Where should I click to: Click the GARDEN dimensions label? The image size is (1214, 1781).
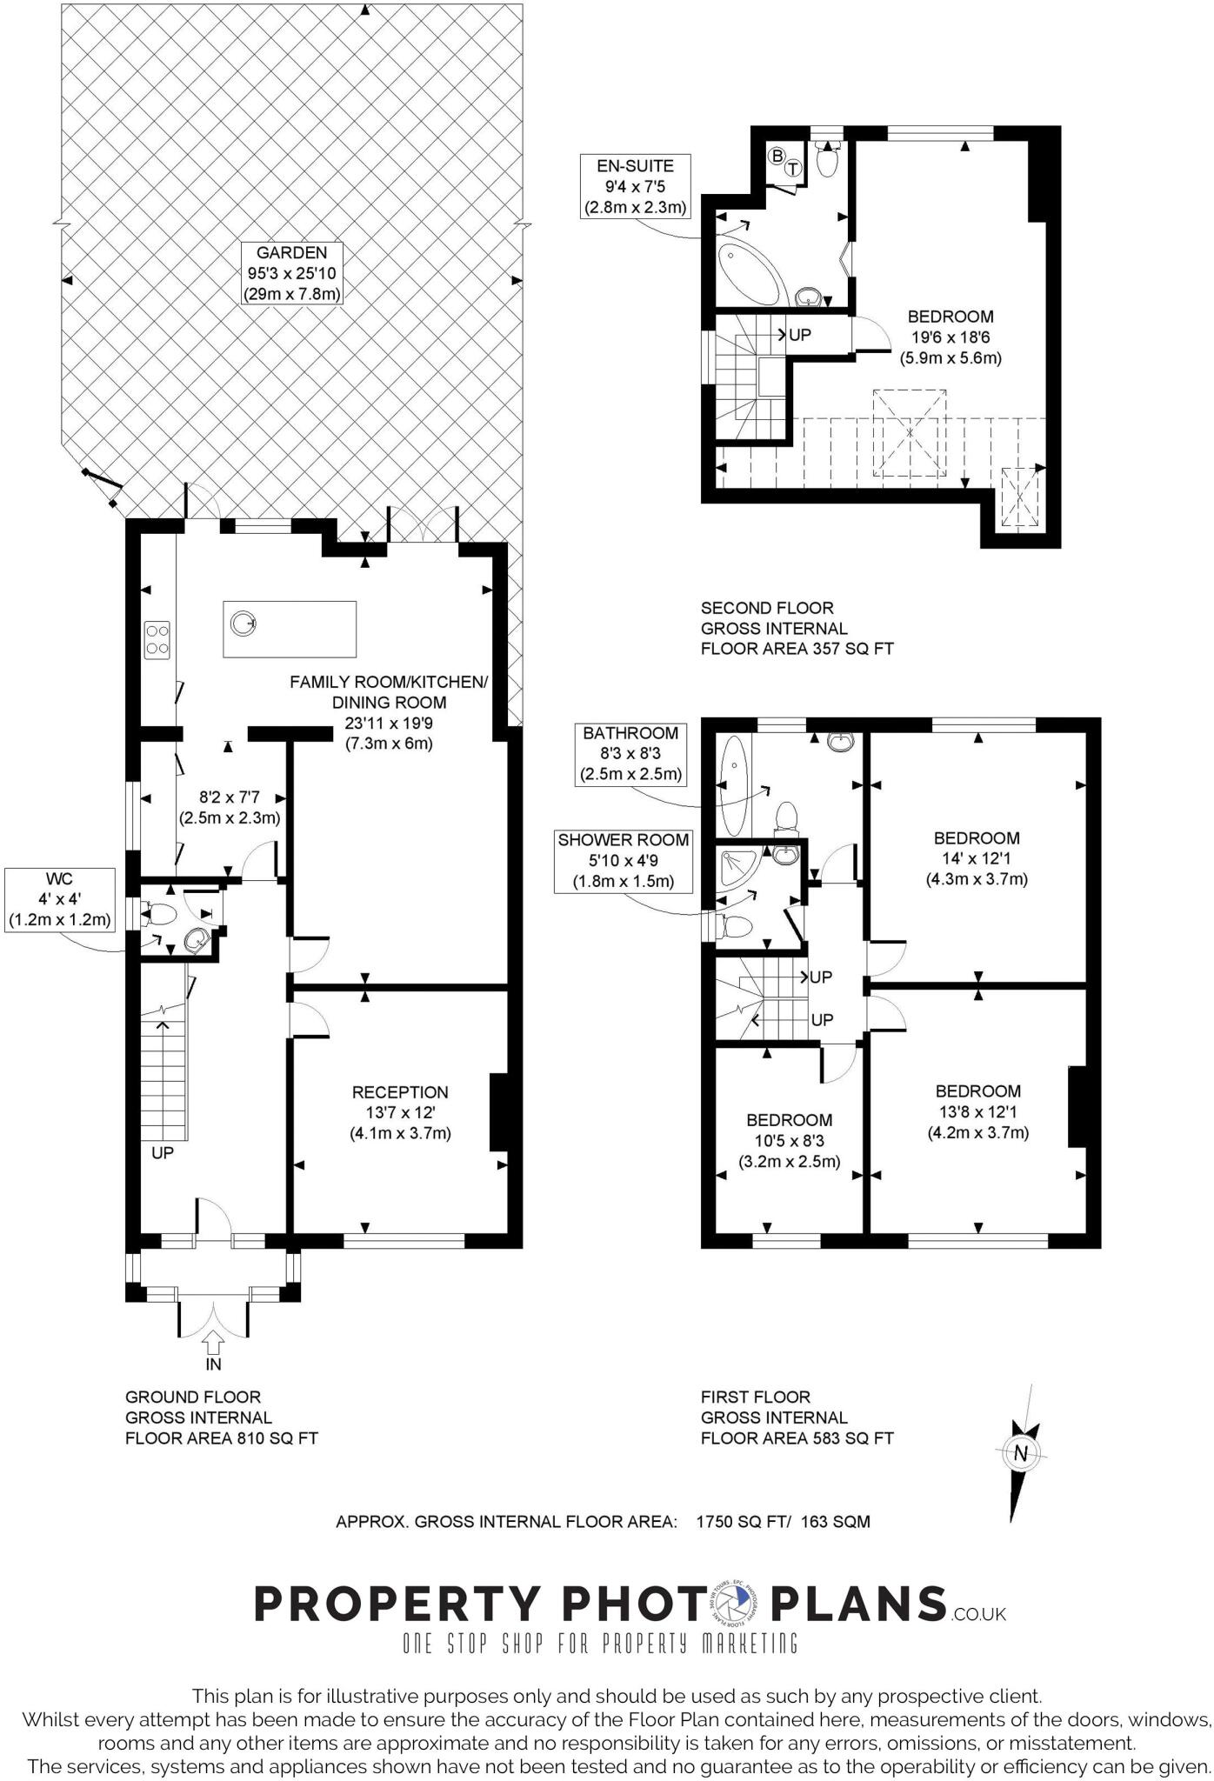291,273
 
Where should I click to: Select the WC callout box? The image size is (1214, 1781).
60,899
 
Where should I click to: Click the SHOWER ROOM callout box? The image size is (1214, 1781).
624,861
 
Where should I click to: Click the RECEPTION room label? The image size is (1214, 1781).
400,1112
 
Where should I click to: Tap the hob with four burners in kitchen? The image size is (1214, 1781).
158,638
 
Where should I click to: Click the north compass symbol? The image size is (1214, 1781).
1021,1452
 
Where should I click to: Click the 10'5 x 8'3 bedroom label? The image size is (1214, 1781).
790,1140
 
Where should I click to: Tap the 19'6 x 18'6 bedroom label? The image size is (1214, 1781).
951,337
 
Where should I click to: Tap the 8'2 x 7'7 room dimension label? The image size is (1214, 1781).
230,807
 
